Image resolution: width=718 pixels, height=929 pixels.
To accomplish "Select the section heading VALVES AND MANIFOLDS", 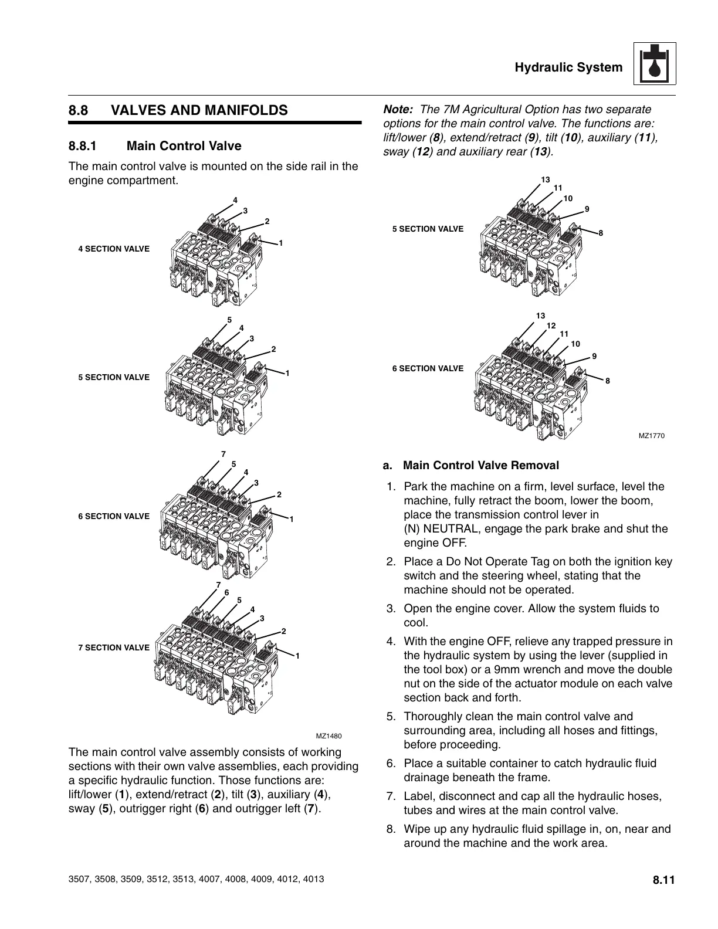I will (199, 110).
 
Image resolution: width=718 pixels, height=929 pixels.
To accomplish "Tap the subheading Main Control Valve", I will (184, 145).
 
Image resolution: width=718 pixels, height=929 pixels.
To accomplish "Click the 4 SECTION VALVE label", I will (114, 249).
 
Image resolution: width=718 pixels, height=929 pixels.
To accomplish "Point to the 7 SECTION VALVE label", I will (114, 647).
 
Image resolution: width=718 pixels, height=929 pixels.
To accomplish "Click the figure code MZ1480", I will (328, 736).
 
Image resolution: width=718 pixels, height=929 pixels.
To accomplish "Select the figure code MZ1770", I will (652, 435).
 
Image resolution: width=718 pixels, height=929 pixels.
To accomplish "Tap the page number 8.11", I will (663, 880).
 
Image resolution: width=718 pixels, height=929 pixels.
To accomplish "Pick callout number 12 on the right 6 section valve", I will (551, 326).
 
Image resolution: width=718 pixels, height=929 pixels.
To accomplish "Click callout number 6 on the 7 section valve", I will (226, 592).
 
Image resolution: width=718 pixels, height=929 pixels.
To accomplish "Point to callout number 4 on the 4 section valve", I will (235, 200).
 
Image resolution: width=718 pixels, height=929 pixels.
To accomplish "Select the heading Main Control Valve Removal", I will (481, 465).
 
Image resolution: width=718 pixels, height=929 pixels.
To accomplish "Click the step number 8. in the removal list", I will (391, 829).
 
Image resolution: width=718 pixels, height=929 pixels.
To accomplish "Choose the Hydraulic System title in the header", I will (568, 67).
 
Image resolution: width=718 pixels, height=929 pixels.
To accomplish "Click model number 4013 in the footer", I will (314, 880).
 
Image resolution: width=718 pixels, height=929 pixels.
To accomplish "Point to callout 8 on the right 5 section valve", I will (601, 233).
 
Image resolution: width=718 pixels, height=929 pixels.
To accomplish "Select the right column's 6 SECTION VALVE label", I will (428, 368).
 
